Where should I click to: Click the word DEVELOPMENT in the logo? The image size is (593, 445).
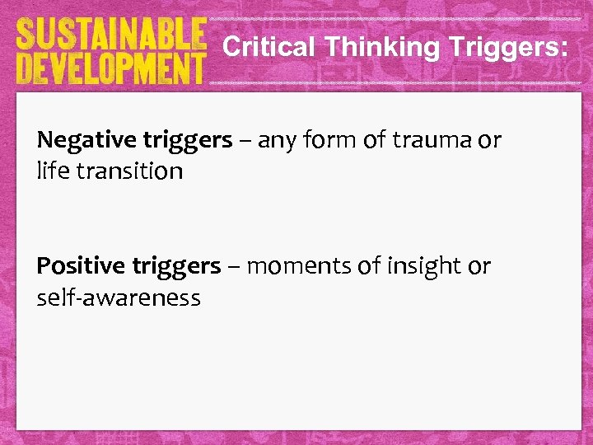[x=110, y=68]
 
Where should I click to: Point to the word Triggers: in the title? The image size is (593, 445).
[x=508, y=48]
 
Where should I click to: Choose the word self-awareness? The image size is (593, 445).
[x=119, y=297]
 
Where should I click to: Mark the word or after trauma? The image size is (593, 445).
[x=488, y=140]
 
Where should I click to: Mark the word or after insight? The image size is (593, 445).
[x=479, y=266]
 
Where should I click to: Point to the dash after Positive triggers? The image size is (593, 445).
[x=235, y=266]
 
